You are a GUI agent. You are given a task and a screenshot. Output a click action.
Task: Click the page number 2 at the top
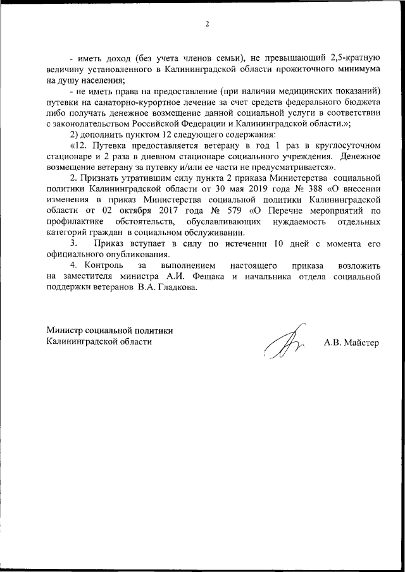point(206,25)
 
